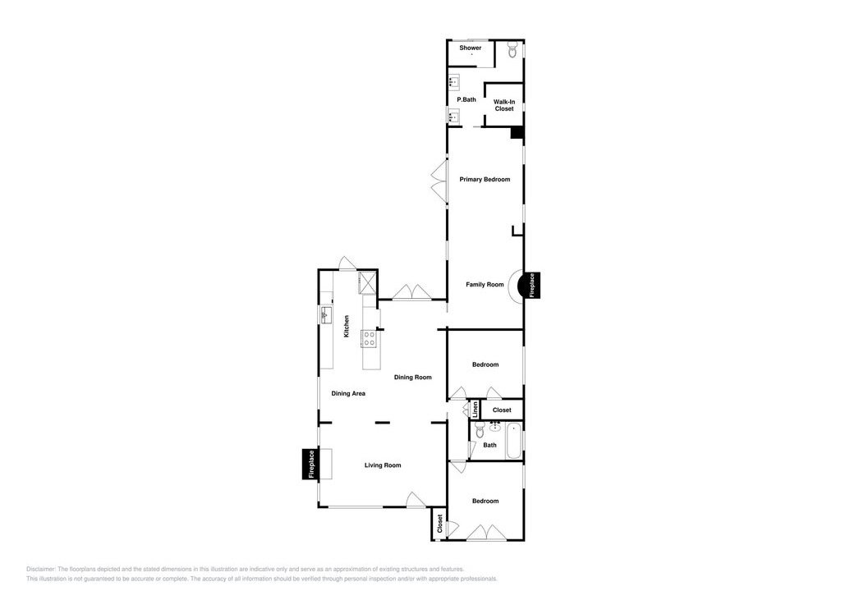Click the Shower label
pos(471,48)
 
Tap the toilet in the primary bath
pos(512,51)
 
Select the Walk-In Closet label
pos(504,105)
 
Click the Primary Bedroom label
pos(485,179)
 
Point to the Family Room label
pos(485,284)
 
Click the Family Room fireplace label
pos(532,286)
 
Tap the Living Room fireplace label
pos(311,464)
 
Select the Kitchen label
pos(347,326)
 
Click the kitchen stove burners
pos(369,338)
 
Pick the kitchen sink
pos(325,315)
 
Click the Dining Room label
pos(413,377)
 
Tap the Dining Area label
pos(348,393)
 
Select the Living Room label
pos(383,465)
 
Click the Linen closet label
pos(476,410)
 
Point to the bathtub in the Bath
pos(514,442)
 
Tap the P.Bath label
pos(466,99)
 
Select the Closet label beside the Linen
pos(502,410)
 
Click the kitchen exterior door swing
pos(347,263)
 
